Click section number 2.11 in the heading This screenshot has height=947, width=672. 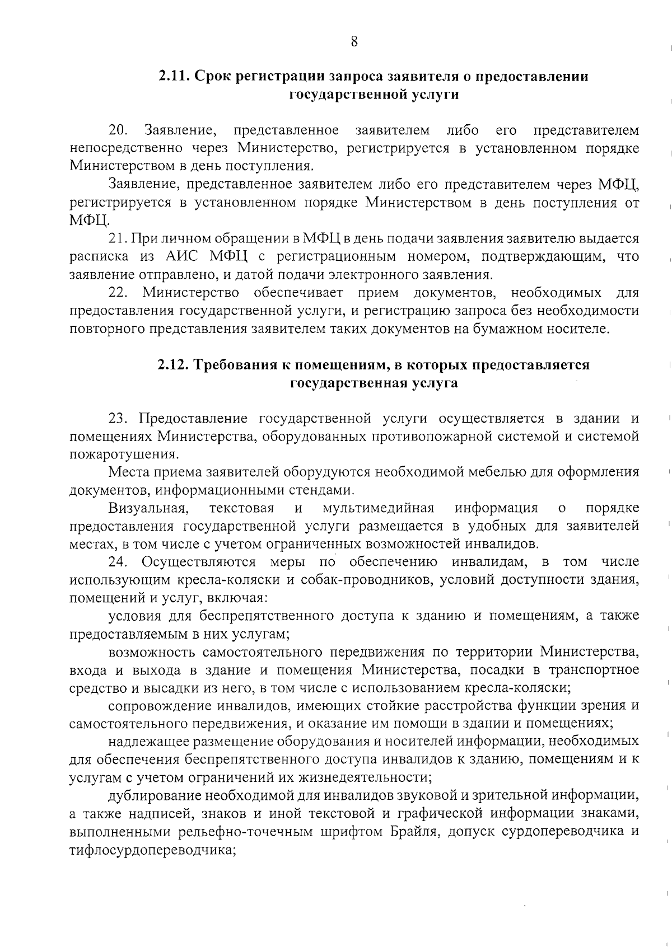pyautogui.click(x=172, y=77)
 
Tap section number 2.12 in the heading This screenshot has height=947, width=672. pyautogui.click(x=171, y=365)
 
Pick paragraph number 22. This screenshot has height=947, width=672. pyautogui.click(x=118, y=293)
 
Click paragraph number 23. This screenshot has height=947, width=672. pyautogui.click(x=118, y=419)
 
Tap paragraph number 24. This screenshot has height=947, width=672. pyautogui.click(x=118, y=562)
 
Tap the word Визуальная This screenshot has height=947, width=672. pyautogui.click(x=147, y=508)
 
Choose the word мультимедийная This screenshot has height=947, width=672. pyautogui.click(x=379, y=508)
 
